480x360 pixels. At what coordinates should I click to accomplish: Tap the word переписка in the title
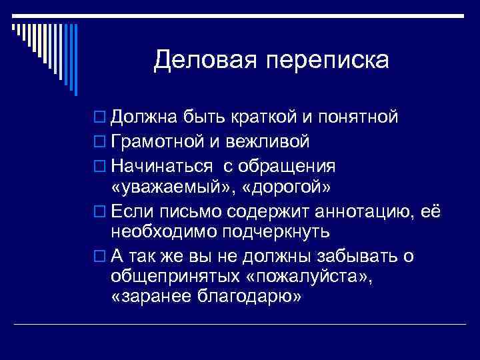pos(325,61)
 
